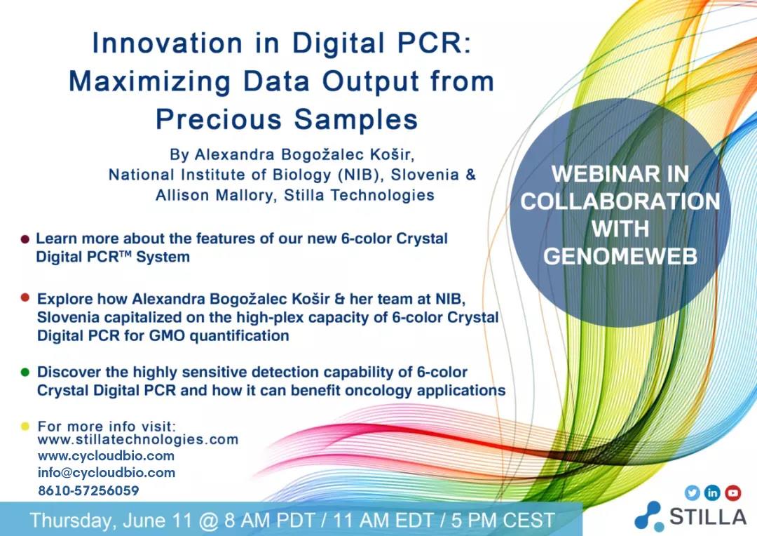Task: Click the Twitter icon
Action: [x=693, y=493]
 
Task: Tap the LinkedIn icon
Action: [x=713, y=493]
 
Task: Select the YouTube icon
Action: [x=733, y=493]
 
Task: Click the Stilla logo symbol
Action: [x=649, y=516]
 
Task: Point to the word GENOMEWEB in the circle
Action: [x=620, y=256]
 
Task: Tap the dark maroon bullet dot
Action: [x=25, y=239]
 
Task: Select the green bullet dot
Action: [x=25, y=372]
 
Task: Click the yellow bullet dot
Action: [x=25, y=427]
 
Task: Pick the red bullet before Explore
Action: [x=25, y=298]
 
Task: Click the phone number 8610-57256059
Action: [x=88, y=490]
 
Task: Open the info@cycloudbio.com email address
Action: [x=107, y=473]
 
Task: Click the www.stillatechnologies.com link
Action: [x=138, y=439]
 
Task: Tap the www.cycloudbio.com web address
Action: [x=106, y=456]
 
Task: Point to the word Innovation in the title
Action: [x=167, y=43]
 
